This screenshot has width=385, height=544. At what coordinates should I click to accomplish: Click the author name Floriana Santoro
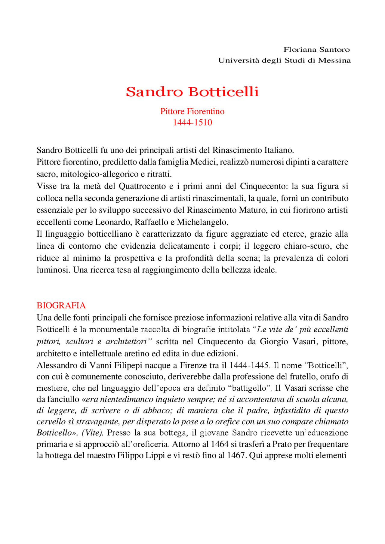(x=316, y=49)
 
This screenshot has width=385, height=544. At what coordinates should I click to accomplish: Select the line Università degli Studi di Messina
(x=284, y=60)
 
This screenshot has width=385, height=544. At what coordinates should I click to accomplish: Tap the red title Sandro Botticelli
(x=192, y=92)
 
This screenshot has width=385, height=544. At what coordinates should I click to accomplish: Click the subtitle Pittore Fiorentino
(x=192, y=111)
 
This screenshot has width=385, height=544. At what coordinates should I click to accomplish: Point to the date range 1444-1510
(x=192, y=122)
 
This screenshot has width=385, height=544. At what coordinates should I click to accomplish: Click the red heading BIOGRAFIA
(x=61, y=306)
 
